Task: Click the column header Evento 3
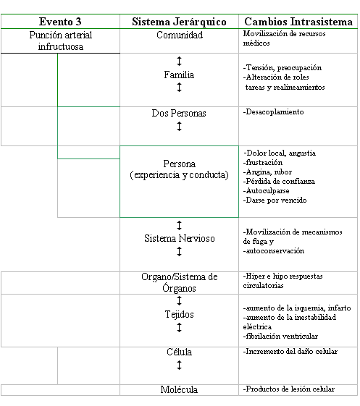pyautogui.click(x=60, y=22)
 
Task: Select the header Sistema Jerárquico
pyautogui.click(x=179, y=22)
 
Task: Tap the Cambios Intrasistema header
pyautogui.click(x=298, y=22)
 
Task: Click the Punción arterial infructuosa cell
pyautogui.click(x=60, y=41)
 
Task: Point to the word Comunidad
pyautogui.click(x=180, y=35)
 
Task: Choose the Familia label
pyautogui.click(x=179, y=75)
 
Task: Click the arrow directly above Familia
pyautogui.click(x=179, y=61)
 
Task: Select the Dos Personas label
pyautogui.click(x=179, y=113)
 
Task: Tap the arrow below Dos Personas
pyautogui.click(x=179, y=127)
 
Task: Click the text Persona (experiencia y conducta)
pyautogui.click(x=179, y=169)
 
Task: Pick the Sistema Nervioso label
pyautogui.click(x=180, y=238)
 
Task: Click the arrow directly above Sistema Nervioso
pyautogui.click(x=179, y=225)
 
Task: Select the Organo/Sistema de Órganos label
pyautogui.click(x=180, y=282)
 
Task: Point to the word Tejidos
pyautogui.click(x=180, y=314)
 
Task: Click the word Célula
pyautogui.click(x=180, y=352)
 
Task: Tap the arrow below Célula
pyautogui.click(x=179, y=365)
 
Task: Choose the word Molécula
pyautogui.click(x=179, y=389)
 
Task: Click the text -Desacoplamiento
pyautogui.click(x=273, y=112)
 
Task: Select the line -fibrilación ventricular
pyautogui.click(x=280, y=336)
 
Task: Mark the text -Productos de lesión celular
pyautogui.click(x=289, y=389)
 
